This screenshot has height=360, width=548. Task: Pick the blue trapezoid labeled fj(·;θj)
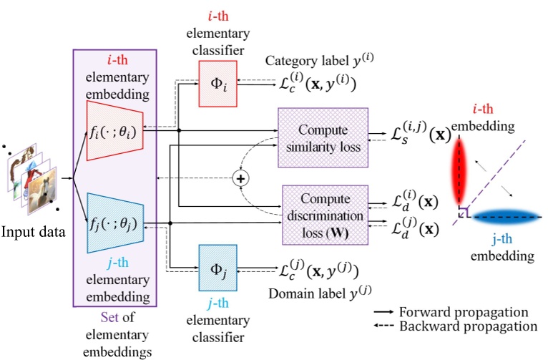(114, 223)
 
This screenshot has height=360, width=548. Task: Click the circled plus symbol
(241, 179)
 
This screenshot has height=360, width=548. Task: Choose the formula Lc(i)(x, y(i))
(316, 84)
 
